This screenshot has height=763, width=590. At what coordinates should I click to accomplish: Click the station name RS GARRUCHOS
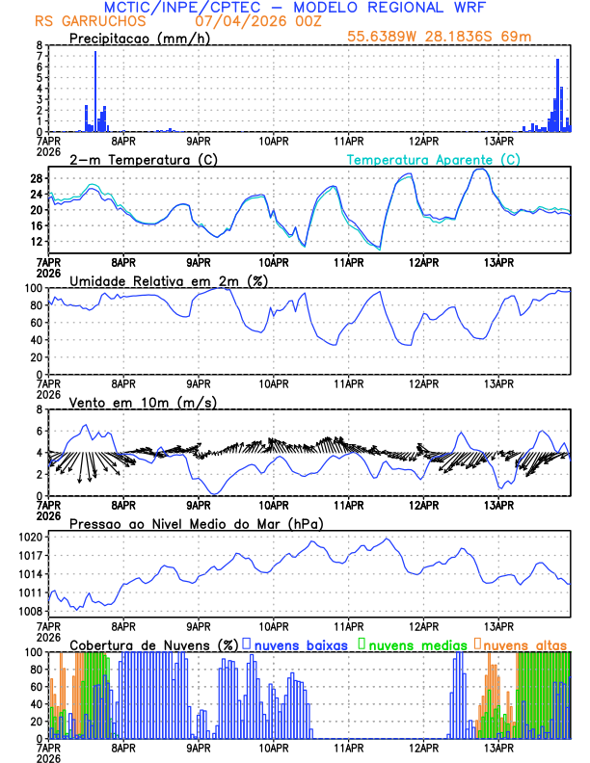click(80, 21)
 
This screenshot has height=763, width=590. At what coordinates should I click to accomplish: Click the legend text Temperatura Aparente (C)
click(433, 159)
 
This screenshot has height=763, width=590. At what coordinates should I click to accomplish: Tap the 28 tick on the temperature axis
click(36, 179)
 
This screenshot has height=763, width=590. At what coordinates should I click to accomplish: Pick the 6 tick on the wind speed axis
click(40, 431)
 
